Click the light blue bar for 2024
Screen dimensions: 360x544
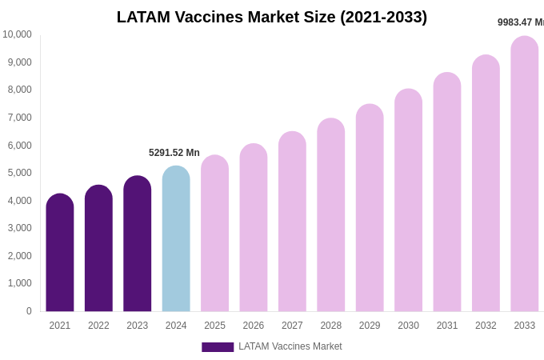pos(176,240)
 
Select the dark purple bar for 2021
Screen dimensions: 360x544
pos(60,254)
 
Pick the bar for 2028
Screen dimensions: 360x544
pos(331,216)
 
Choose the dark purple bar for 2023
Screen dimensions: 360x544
pos(138,245)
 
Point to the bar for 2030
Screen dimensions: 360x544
pos(408,201)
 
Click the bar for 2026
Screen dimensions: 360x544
pos(254,229)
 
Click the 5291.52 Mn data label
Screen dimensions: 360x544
pos(174,153)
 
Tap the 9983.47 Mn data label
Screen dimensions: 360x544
pos(521,22)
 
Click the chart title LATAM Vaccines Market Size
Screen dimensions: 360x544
pos(272,17)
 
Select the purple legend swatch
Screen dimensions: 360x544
pos(218,347)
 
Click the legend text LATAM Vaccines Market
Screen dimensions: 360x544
pos(290,346)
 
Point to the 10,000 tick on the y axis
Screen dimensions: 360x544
pos(17,34)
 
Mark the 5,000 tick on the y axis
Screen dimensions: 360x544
pos(20,173)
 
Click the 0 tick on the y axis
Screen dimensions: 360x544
pos(29,311)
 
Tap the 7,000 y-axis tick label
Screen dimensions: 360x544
pos(20,118)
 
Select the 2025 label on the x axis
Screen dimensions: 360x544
pos(214,326)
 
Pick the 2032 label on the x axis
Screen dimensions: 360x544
pos(486,326)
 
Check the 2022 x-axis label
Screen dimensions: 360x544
pos(98,326)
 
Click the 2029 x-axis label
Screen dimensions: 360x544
pos(370,326)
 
